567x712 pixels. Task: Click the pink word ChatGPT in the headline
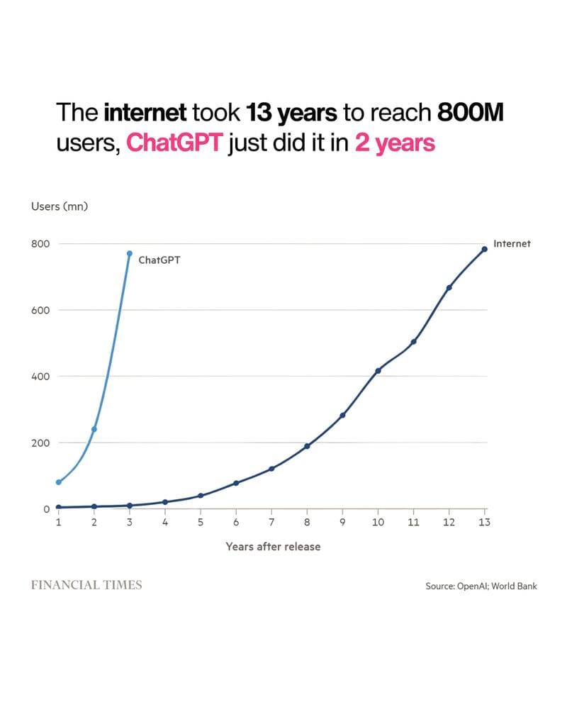coord(175,143)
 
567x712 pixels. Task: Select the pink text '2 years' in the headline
coord(394,143)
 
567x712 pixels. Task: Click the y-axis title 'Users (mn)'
coord(59,206)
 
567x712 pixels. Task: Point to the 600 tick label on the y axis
coord(40,310)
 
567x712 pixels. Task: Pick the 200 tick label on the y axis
coord(40,443)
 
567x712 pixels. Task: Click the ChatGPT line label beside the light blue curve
coord(159,260)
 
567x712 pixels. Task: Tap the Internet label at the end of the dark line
coord(512,243)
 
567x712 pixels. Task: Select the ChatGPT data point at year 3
coord(129,253)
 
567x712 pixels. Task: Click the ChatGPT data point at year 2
coord(94,429)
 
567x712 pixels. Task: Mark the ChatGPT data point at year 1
coord(59,482)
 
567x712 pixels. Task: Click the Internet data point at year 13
coord(485,249)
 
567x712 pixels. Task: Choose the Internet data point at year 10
coord(378,370)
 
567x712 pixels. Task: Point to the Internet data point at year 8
coord(307,446)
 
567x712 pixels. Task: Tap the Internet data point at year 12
coord(449,287)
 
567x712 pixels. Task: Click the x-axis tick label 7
coord(271,523)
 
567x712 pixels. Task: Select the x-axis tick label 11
coord(413,523)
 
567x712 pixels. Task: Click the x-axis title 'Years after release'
coord(273,547)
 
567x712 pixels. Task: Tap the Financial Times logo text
coord(86,585)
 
